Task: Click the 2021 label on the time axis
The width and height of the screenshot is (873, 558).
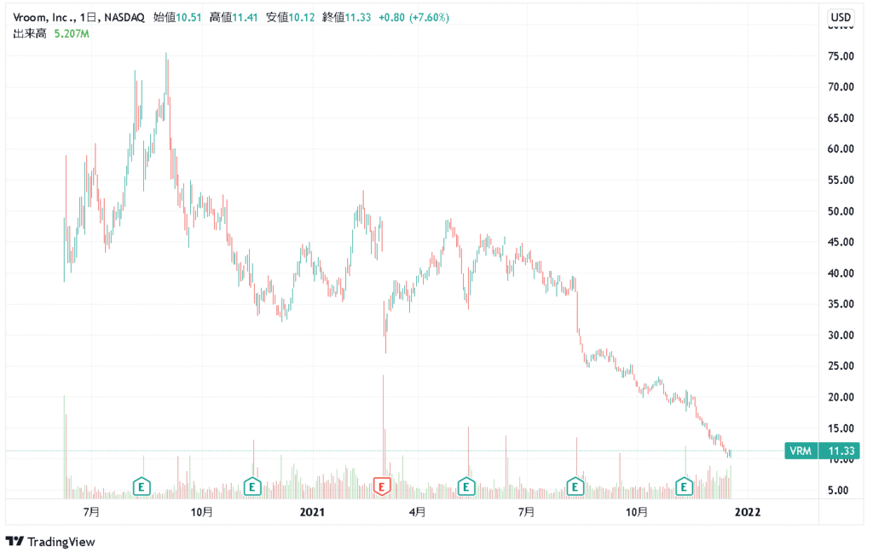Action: point(313,512)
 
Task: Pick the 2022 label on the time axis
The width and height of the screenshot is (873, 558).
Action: point(748,512)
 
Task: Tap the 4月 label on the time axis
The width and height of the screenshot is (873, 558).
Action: point(417,512)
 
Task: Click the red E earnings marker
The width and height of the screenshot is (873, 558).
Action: point(383,486)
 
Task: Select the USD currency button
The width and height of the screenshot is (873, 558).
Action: point(841,17)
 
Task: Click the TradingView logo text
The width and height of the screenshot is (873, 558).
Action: point(61,542)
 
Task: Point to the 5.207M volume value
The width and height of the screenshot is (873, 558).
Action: point(72,34)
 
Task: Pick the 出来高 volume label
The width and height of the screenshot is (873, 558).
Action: point(29,34)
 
